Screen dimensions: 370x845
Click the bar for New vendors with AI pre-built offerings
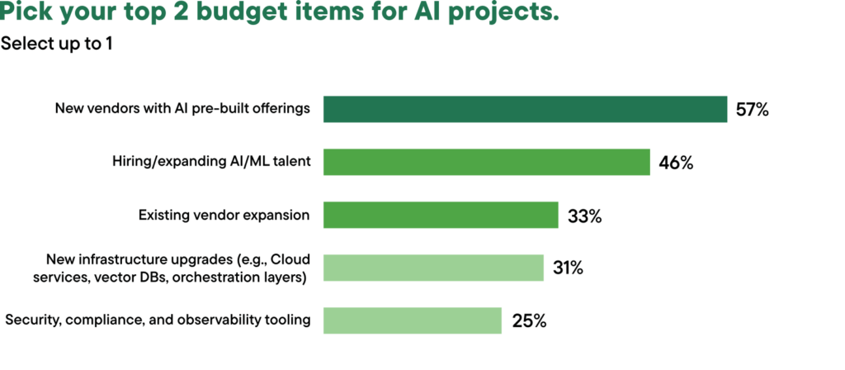tap(525, 109)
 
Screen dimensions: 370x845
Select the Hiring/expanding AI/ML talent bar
tap(487, 162)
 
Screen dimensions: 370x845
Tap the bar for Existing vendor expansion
tap(441, 215)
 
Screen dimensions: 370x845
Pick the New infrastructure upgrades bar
tap(433, 268)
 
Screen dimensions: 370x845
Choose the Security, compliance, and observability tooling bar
tap(413, 320)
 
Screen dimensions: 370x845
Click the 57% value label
tap(753, 109)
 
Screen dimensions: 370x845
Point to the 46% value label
tap(676, 162)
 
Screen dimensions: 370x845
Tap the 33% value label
tap(584, 216)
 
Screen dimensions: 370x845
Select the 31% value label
tap(569, 268)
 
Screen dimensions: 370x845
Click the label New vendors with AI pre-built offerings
tap(182, 109)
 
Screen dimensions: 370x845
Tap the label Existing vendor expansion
tap(224, 215)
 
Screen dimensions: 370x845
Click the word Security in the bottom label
tap(29, 320)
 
